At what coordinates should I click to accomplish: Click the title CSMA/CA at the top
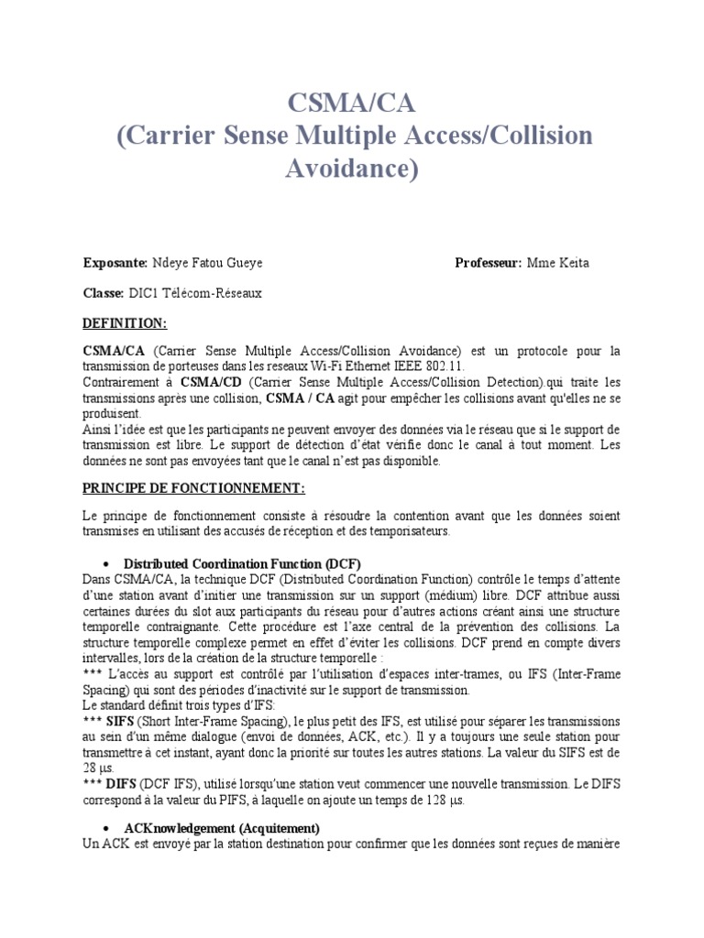tap(351, 102)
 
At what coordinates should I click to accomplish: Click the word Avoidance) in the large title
tap(351, 169)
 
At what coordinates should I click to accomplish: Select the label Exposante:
tap(115, 264)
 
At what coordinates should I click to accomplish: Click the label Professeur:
tap(488, 264)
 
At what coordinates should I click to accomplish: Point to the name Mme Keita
tap(557, 264)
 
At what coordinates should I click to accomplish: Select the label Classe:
tap(103, 293)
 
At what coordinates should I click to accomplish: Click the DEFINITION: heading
tap(125, 323)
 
